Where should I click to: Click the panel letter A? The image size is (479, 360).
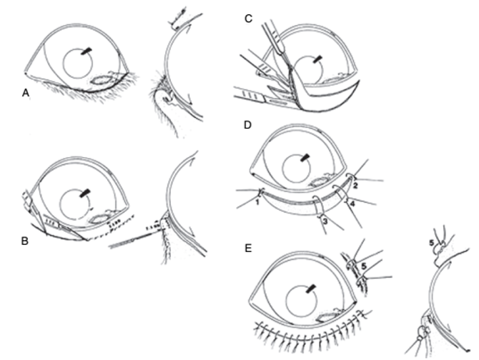coord(26,93)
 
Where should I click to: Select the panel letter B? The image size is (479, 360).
coord(25,241)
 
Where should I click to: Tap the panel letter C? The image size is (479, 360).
coord(248,19)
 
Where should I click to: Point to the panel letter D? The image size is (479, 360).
coord(247,125)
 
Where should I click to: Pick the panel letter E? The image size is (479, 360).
coord(248,249)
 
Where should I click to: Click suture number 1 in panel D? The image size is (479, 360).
coord(257,201)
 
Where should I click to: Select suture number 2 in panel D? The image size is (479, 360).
coord(355,186)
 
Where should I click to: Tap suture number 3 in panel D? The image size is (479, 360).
coord(325,221)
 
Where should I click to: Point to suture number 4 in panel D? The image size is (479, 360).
coord(352,204)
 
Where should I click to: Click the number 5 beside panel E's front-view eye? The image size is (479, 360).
coord(363,266)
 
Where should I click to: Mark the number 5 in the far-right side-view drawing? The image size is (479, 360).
coord(431,243)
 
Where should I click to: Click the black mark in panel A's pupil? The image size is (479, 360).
coord(86,51)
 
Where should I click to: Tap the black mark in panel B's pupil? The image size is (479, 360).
coord(85,193)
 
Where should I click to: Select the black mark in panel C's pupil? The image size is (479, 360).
coord(317,59)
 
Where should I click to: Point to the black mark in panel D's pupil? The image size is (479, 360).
coord(305,158)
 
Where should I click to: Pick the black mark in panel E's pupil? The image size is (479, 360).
coord(310,288)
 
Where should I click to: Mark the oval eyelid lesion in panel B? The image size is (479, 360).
coord(97,219)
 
